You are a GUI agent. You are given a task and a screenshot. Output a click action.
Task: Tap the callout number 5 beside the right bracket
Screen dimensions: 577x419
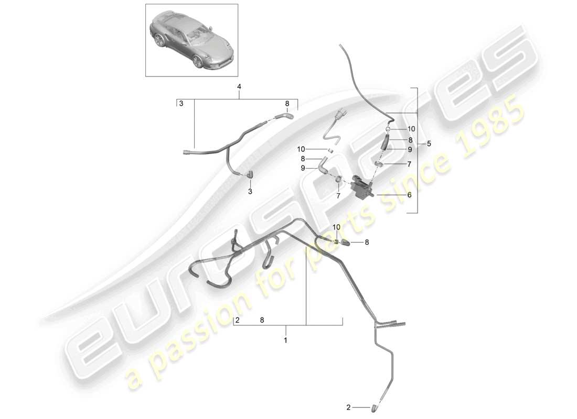(x=429, y=143)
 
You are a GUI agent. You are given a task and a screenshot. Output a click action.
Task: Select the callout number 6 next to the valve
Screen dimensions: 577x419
(x=409, y=195)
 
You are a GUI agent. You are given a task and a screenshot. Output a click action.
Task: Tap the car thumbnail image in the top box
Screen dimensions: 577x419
(x=191, y=41)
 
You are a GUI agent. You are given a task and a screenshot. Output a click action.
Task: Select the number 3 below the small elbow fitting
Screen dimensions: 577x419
(x=250, y=192)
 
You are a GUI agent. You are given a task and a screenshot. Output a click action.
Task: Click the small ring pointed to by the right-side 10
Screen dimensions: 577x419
(x=387, y=128)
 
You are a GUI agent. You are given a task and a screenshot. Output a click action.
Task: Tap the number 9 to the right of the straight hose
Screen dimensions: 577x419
(x=409, y=149)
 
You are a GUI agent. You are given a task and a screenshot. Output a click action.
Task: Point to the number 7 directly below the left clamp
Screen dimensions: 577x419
(x=338, y=195)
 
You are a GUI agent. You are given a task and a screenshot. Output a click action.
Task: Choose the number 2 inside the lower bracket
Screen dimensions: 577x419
(x=238, y=319)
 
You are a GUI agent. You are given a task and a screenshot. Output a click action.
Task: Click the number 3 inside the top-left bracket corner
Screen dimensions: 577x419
(x=180, y=104)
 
